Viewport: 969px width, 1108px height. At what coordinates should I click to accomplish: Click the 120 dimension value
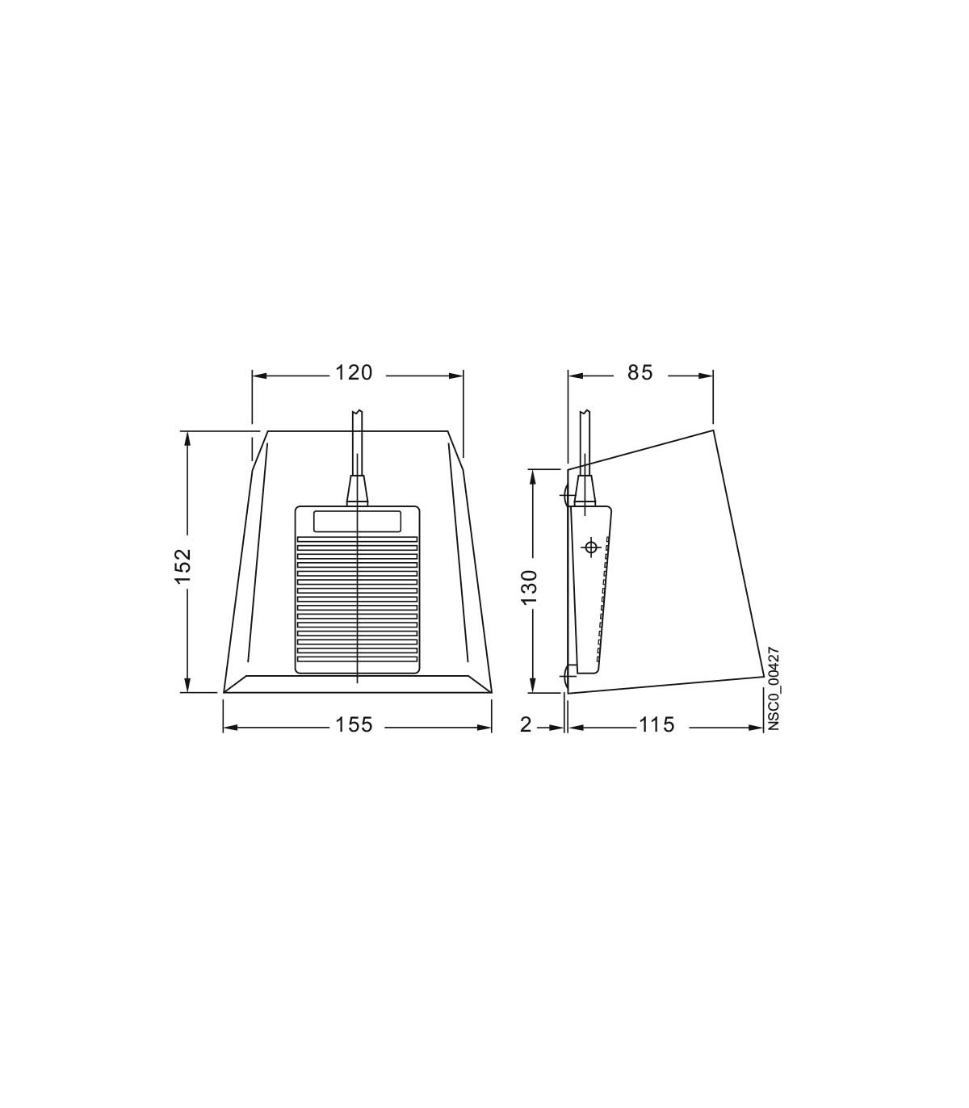354,373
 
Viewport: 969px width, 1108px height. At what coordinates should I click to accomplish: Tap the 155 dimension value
354,724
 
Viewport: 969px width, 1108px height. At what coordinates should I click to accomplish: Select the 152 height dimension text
183,566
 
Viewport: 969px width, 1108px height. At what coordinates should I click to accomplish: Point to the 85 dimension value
640,373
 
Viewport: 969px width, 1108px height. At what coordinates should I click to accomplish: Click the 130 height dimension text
528,588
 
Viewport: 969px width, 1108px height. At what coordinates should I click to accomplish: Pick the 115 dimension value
656,724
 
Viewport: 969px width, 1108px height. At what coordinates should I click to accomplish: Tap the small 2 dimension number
526,724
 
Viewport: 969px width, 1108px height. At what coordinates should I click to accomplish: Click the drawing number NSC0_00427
774,688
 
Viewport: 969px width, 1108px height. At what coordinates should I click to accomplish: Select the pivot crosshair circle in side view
591,548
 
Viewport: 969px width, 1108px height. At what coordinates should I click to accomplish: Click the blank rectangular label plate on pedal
357,521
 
